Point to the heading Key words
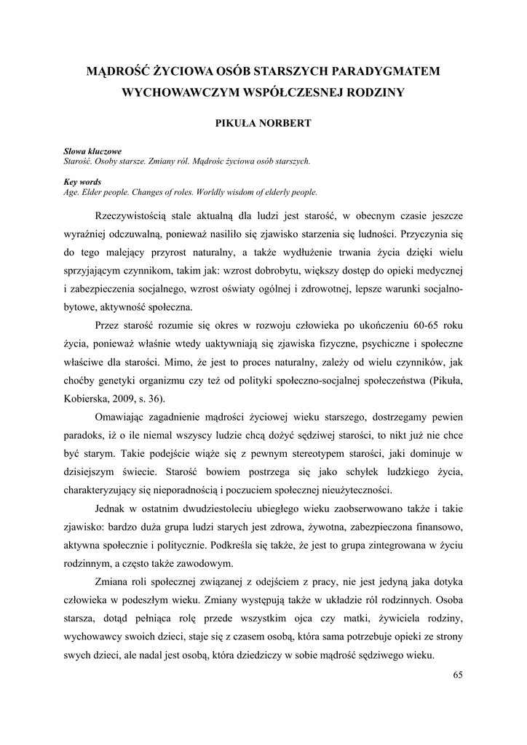82,182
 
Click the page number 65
457,675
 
